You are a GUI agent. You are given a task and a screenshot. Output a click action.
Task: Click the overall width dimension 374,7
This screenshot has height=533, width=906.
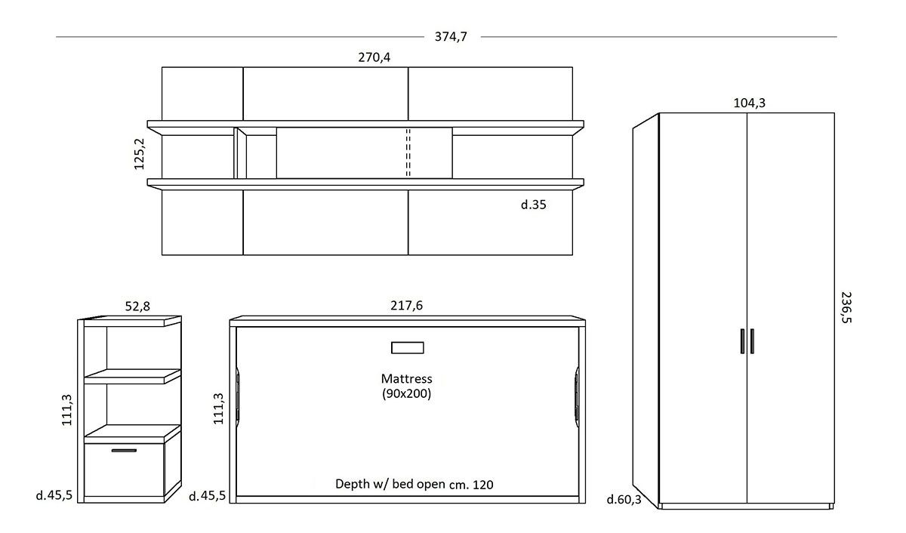[x=451, y=37]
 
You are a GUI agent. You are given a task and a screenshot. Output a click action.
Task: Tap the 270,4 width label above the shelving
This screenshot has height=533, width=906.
[x=374, y=57]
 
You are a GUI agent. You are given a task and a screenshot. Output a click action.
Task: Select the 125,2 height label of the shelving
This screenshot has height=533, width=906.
[x=139, y=154]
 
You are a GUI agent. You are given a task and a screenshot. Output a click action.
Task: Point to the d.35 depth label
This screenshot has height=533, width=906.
[x=534, y=205]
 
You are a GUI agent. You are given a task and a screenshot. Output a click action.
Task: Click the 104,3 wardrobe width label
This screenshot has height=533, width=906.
[x=750, y=103]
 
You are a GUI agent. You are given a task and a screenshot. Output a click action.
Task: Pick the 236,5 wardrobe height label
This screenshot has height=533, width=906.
[x=846, y=307]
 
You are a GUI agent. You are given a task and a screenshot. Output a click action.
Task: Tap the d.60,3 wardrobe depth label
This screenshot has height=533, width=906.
[x=624, y=500]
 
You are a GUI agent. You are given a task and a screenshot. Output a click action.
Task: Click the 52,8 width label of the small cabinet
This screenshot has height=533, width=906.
[x=137, y=306]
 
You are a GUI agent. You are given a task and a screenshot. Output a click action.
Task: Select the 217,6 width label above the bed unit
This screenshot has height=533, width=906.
[x=406, y=305]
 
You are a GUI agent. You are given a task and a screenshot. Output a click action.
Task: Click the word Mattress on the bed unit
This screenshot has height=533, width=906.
[x=406, y=378]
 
